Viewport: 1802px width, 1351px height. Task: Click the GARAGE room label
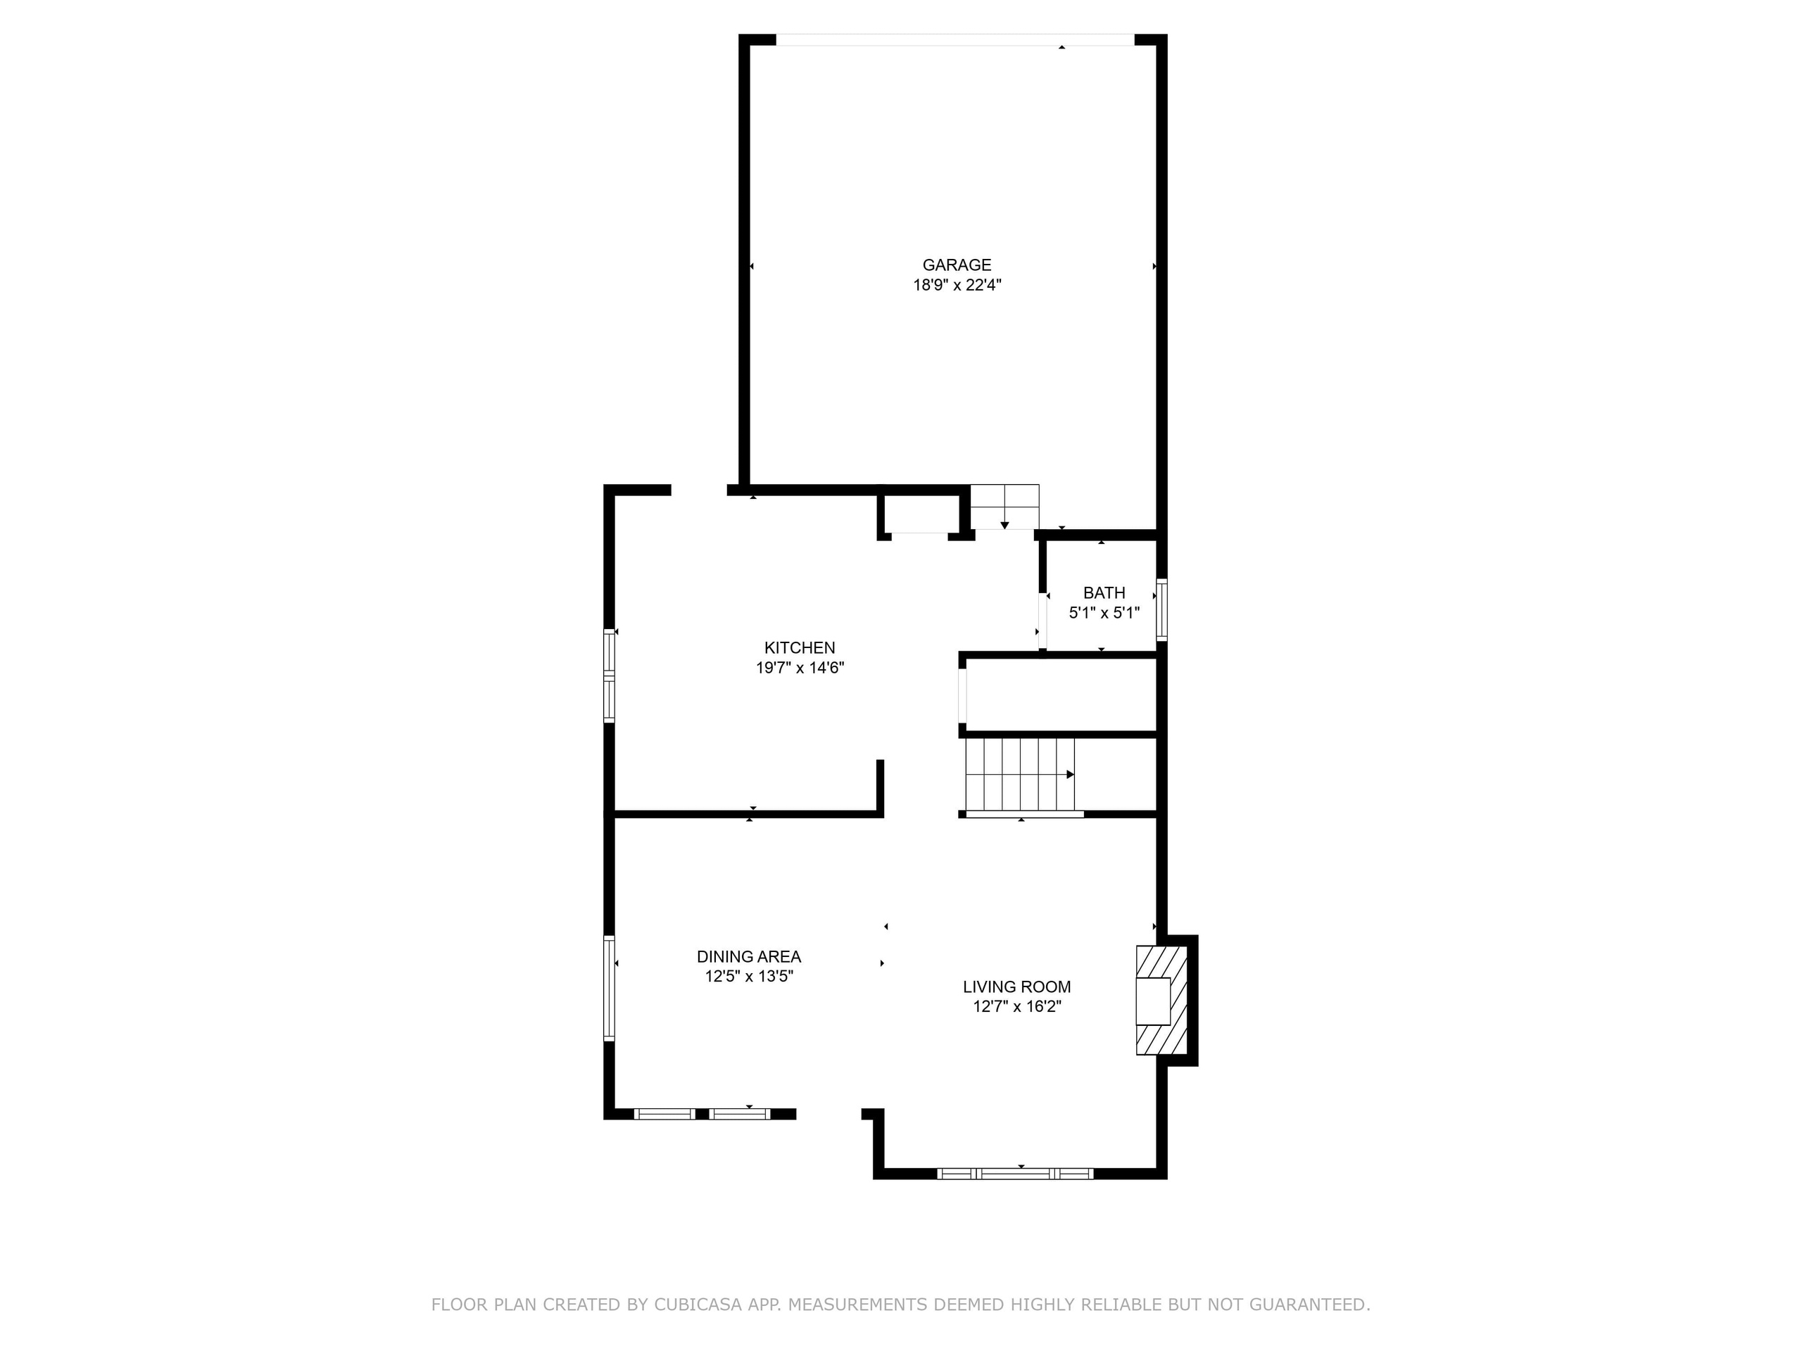[x=957, y=265]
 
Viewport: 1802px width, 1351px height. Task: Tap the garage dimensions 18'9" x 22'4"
[x=957, y=285]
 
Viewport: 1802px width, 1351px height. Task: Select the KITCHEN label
[x=799, y=648]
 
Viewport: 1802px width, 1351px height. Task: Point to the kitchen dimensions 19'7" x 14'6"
[x=799, y=668]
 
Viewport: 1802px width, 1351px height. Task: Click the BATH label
[x=1104, y=594]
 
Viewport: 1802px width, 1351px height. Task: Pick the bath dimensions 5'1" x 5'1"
[x=1104, y=613]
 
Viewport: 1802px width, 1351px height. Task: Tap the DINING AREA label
[x=749, y=957]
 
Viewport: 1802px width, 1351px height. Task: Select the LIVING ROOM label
[x=1016, y=987]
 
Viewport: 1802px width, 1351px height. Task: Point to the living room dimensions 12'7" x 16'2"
[x=1016, y=1006]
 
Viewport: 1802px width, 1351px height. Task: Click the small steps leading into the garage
[x=1004, y=507]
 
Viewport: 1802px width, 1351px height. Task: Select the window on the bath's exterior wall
[x=1161, y=610]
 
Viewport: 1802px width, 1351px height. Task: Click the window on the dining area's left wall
[x=609, y=988]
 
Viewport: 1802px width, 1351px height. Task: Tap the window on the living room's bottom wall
[x=1015, y=1174]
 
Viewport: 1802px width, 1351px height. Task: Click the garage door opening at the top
[x=954, y=39]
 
